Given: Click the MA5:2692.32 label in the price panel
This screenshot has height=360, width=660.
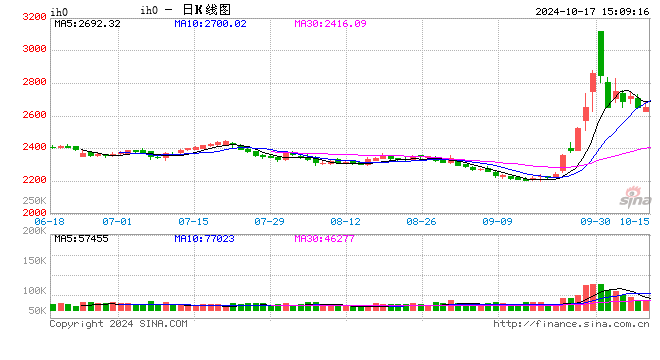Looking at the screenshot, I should pyautogui.click(x=87, y=22).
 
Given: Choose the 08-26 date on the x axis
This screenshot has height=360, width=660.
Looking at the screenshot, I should pyautogui.click(x=423, y=221).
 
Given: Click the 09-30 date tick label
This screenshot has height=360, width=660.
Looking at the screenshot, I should pyautogui.click(x=596, y=221).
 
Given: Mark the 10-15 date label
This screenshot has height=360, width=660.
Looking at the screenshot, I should pyautogui.click(x=635, y=221).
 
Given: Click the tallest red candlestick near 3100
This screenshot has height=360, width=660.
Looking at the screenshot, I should pyautogui.click(x=601, y=60).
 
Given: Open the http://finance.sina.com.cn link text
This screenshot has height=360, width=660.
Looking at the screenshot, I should pyautogui.click(x=571, y=324).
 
